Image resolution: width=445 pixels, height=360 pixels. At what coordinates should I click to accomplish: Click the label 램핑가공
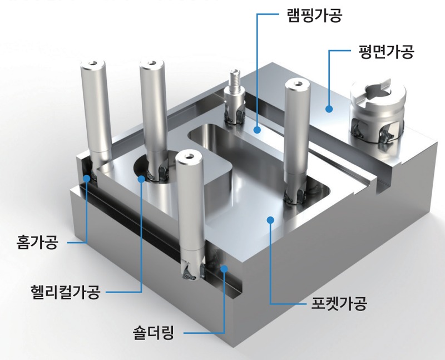click(314, 16)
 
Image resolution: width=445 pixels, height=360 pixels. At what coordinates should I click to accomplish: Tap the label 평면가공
click(386, 51)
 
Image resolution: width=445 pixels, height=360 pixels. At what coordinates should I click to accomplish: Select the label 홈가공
click(37, 242)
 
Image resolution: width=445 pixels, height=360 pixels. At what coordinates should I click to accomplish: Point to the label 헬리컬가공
click(66, 292)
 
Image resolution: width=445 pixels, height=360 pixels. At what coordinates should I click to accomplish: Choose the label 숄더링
click(154, 333)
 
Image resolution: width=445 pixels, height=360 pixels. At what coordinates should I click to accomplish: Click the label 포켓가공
click(339, 303)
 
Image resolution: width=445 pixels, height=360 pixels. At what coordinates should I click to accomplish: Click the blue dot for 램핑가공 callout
click(257, 130)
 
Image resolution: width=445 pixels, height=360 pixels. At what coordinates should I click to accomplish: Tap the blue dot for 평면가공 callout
click(329, 109)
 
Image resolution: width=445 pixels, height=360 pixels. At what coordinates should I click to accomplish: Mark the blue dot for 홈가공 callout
click(87, 178)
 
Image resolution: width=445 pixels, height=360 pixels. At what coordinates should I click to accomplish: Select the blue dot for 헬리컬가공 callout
click(141, 179)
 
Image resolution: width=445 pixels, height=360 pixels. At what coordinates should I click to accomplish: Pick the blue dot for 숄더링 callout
click(224, 268)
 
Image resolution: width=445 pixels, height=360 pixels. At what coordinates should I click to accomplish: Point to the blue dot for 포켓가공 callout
click(270, 220)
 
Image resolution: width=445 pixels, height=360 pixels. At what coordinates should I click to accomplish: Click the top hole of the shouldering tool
click(189, 156)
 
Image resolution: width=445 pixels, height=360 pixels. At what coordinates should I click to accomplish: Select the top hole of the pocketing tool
click(298, 83)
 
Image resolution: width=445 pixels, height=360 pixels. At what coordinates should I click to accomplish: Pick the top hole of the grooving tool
click(92, 63)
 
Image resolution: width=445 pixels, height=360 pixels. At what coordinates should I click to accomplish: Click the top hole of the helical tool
click(152, 63)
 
